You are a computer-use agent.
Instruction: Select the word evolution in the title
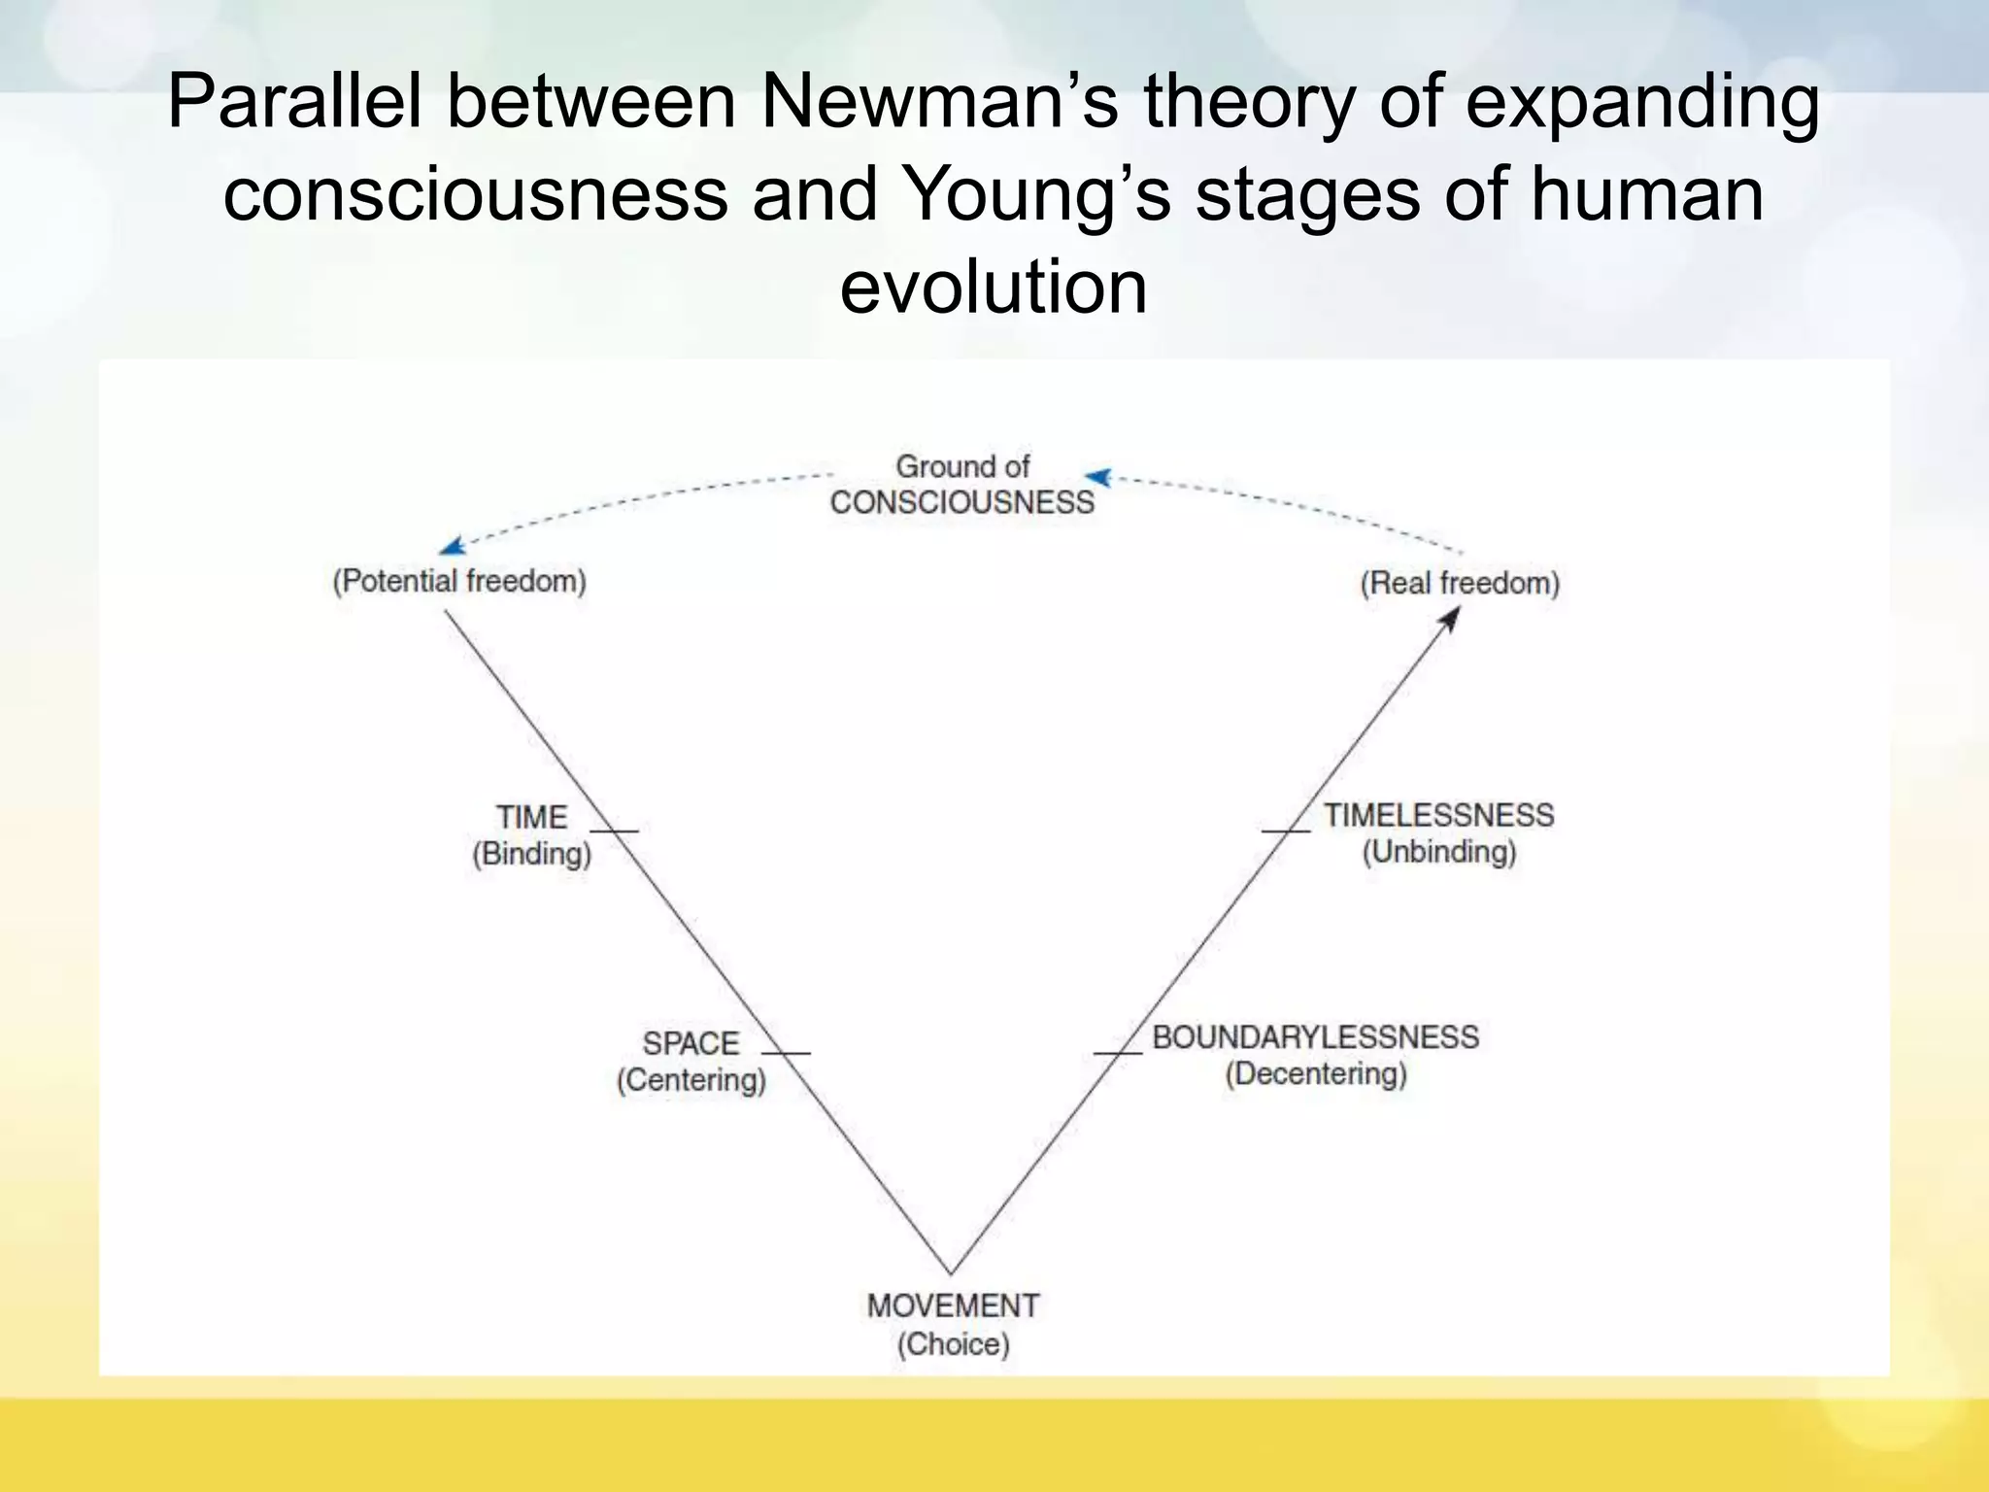tap(994, 288)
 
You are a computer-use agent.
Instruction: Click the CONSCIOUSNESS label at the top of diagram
tap(961, 502)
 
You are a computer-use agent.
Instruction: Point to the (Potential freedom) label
tap(459, 581)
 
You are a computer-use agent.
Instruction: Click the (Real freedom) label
tap(1460, 583)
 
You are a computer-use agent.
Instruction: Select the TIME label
tap(531, 817)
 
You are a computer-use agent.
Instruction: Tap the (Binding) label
tap(531, 854)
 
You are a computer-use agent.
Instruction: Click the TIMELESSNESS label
tap(1438, 815)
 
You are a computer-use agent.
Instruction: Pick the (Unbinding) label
tap(1438, 852)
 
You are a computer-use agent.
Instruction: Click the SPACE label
tap(691, 1043)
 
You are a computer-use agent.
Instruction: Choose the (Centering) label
tap(691, 1080)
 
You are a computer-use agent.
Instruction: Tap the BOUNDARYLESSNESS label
tap(1315, 1036)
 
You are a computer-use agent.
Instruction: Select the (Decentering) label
tap(1315, 1073)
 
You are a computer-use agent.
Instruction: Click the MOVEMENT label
tap(953, 1305)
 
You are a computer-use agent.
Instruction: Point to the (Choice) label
tap(953, 1344)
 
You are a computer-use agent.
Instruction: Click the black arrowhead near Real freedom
tap(1451, 617)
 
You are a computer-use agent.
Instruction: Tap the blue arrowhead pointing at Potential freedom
tap(451, 547)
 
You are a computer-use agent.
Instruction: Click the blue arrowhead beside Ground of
tap(1097, 477)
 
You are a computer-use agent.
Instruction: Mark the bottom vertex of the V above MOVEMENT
tap(951, 1272)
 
